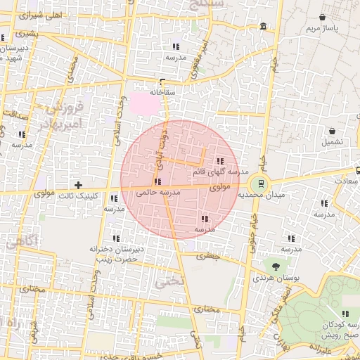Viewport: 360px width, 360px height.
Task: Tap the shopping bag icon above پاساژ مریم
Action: [323, 17]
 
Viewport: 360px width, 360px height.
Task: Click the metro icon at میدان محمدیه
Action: [261, 183]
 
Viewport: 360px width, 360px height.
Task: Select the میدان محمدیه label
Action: [261, 194]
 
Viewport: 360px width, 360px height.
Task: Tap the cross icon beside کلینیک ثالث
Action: [78, 186]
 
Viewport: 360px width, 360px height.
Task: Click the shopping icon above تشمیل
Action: [332, 131]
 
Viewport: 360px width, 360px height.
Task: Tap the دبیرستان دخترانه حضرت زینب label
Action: [117, 254]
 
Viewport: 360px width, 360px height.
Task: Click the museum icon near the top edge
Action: [263, 27]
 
